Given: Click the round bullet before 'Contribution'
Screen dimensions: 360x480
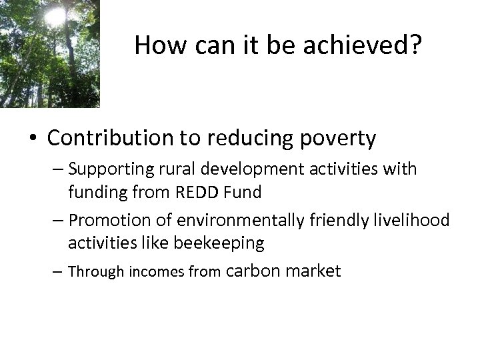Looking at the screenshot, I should (33, 139).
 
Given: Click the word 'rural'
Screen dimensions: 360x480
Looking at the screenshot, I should (177, 169).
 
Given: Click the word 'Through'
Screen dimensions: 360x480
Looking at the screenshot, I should (91, 272).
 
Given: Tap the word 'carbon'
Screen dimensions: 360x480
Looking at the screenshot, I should (255, 271).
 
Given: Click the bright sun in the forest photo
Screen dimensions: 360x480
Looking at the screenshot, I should (55, 17).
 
